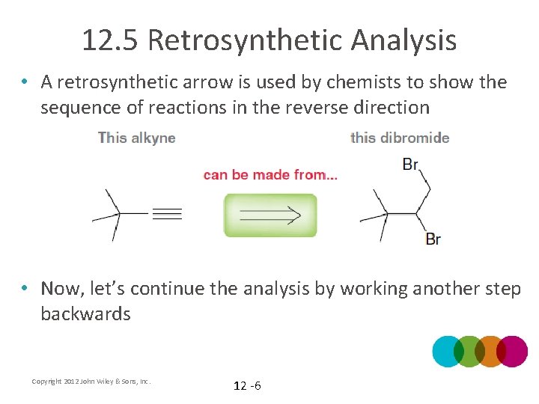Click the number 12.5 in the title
coord(111,40)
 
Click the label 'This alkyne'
coord(136,137)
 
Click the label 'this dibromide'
coord(400,137)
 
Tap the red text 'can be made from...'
coord(270,175)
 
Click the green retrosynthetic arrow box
coord(270,215)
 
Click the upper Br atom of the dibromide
coord(410,164)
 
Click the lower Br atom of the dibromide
coord(433,239)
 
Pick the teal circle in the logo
coord(449,351)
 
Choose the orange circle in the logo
coord(491,351)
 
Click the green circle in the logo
coord(470,351)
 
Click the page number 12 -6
coord(247,386)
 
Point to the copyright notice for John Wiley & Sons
coord(91,382)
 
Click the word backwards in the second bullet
coord(85,313)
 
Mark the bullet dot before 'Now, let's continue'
coord(25,289)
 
